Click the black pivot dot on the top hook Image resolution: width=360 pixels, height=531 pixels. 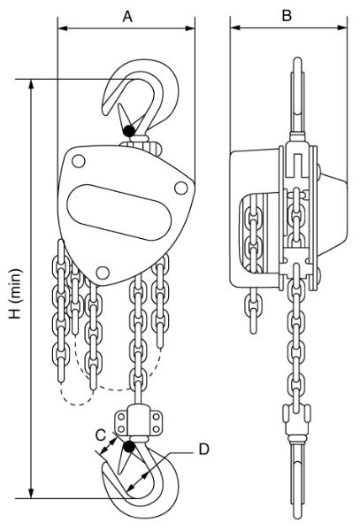point(130,131)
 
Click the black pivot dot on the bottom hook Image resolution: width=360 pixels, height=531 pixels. point(130,447)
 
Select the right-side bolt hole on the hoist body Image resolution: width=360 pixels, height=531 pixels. point(181,186)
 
